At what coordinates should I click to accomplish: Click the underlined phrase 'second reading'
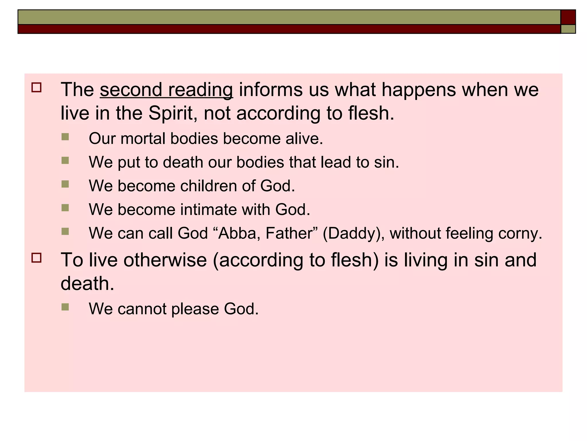tap(166, 90)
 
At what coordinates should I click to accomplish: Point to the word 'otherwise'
tap(162, 260)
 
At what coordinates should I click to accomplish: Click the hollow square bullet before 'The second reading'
tap(37, 87)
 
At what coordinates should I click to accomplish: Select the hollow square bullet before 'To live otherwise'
tap(37, 258)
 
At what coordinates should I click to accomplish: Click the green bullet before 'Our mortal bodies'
tap(65, 137)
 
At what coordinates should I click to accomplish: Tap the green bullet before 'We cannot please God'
tap(65, 307)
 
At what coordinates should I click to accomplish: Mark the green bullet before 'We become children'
tap(65, 184)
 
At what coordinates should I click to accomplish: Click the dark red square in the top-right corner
tap(568, 17)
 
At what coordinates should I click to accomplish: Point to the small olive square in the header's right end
tap(568, 29)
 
